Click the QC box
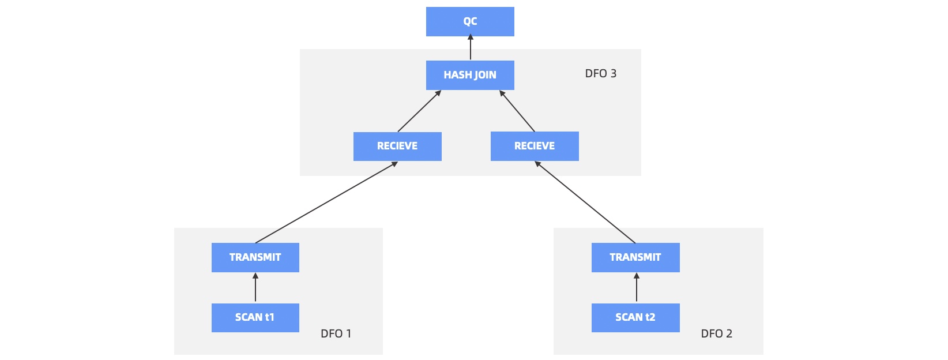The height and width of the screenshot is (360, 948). [x=470, y=21]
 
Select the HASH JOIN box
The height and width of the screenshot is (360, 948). [x=470, y=75]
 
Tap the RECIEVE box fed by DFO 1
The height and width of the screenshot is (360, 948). [x=397, y=146]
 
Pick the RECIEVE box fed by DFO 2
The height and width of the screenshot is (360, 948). [x=535, y=146]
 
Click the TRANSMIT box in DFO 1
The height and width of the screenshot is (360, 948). [x=255, y=257]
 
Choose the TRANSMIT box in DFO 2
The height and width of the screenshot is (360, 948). [x=635, y=257]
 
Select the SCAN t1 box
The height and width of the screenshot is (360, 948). [x=255, y=317]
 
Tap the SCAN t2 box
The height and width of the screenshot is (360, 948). [x=635, y=317]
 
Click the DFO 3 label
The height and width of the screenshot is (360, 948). [x=600, y=74]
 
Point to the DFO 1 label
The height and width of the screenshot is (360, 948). [x=336, y=333]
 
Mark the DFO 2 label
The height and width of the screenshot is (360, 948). [x=716, y=333]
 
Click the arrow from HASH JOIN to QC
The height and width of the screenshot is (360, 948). [x=471, y=48]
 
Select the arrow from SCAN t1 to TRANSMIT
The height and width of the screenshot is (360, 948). [x=255, y=287]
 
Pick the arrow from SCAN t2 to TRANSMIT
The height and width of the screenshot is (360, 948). [x=637, y=287]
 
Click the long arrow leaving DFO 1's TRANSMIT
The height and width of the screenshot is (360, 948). [x=326, y=202]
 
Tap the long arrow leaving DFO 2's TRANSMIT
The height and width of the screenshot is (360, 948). [x=585, y=202]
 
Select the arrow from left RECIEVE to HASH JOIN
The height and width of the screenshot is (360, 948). [x=419, y=111]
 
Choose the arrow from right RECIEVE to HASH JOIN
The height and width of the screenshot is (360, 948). [x=517, y=111]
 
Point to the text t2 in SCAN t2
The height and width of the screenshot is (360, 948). [x=650, y=317]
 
